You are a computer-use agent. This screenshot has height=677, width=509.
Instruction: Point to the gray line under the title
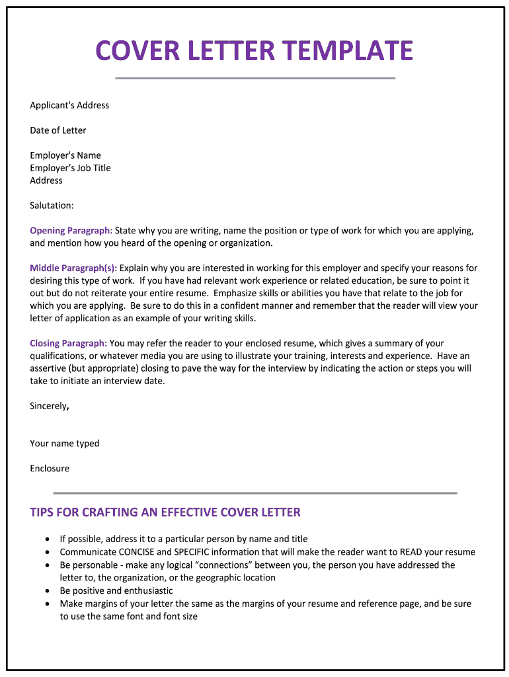click(x=255, y=78)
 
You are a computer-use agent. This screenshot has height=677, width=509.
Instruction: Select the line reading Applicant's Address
click(x=69, y=105)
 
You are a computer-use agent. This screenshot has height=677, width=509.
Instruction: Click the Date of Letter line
click(x=58, y=130)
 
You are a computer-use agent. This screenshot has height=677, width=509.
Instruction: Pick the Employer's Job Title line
click(x=70, y=168)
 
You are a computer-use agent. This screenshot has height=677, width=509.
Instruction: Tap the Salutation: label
click(x=52, y=206)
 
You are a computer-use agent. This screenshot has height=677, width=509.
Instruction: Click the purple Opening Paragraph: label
click(x=71, y=231)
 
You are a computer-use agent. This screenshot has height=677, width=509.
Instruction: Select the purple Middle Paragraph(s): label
click(x=73, y=268)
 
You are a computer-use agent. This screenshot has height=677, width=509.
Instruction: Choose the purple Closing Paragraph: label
click(x=69, y=344)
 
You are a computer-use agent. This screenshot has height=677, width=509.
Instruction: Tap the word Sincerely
click(x=48, y=406)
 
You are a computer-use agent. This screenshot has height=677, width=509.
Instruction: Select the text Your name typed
click(x=65, y=444)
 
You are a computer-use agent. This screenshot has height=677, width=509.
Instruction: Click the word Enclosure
click(x=50, y=469)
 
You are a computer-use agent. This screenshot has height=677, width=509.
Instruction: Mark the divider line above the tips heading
click(x=255, y=493)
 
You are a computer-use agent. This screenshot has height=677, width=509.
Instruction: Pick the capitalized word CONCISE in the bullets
click(x=136, y=552)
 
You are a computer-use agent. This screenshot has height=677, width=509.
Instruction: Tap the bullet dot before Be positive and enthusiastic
click(x=48, y=591)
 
